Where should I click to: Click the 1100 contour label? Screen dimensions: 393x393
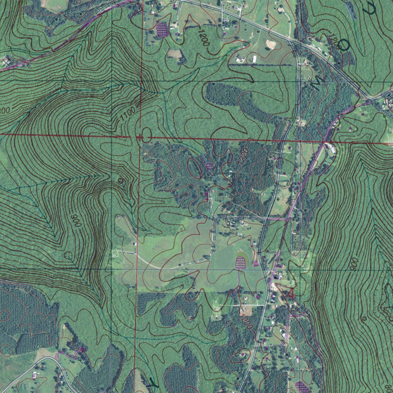point(127,114)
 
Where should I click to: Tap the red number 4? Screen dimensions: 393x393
point(291,294)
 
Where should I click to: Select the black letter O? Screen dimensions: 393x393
point(344,46)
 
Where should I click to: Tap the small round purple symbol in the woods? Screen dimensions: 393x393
point(208,165)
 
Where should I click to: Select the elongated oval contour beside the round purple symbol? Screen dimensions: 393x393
point(194,168)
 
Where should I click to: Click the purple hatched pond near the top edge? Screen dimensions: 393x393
point(162,30)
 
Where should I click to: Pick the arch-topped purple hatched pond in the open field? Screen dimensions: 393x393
point(240,263)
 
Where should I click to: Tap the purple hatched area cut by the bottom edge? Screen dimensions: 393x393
point(302,387)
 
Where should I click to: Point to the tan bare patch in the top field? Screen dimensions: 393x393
point(271,45)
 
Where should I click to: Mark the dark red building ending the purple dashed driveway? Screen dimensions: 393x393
point(82,349)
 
